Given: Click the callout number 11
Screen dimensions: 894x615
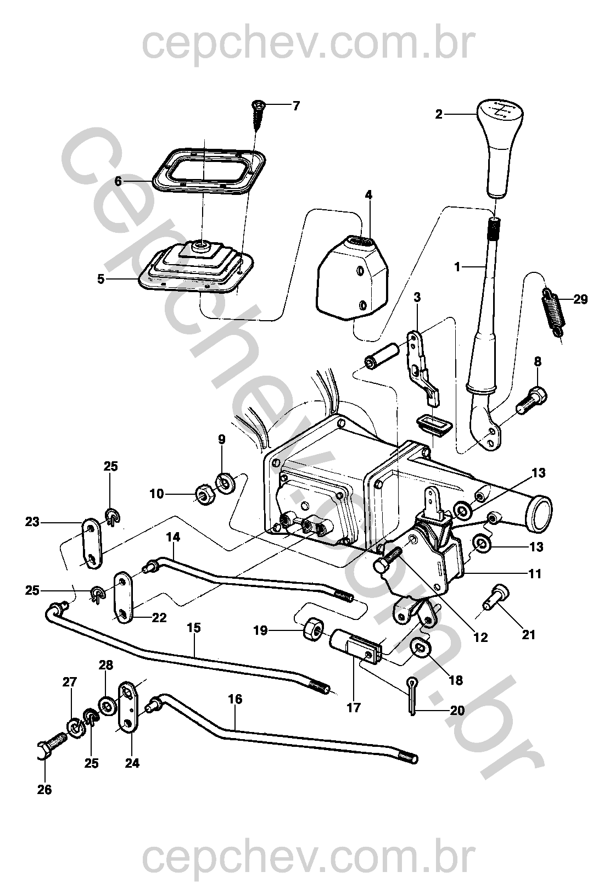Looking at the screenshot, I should point(535,574).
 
